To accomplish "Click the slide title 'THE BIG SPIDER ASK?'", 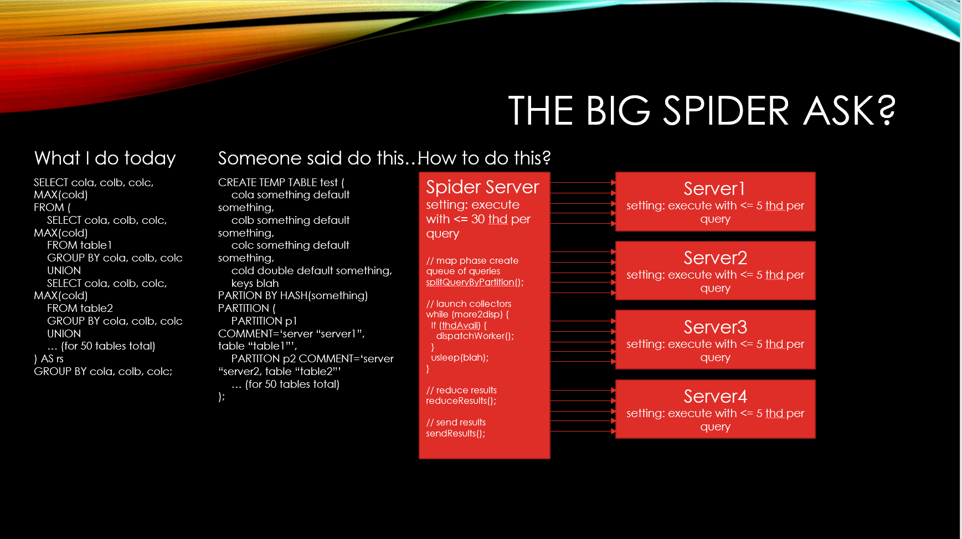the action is (702, 110).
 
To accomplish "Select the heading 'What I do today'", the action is (105, 158).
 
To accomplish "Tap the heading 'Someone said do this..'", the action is (317, 158).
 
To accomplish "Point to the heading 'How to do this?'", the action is (484, 158).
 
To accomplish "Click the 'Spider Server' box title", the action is (482, 187).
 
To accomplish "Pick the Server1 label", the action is (714, 189).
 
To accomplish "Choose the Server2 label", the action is (715, 258).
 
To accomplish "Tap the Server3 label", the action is (715, 327).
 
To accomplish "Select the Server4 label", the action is (715, 397).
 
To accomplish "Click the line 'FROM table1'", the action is (80, 245).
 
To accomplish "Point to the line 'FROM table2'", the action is (80, 309).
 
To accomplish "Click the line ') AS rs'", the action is (49, 359).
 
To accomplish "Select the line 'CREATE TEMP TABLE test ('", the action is (281, 183).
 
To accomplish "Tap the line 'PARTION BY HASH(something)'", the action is (293, 296).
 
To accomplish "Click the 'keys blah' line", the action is (255, 284).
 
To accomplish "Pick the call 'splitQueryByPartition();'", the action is (475, 283).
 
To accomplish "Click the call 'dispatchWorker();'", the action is (475, 336).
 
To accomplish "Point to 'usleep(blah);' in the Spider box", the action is (460, 358).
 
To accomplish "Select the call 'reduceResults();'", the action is (461, 401).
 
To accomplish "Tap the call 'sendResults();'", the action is (455, 434).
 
